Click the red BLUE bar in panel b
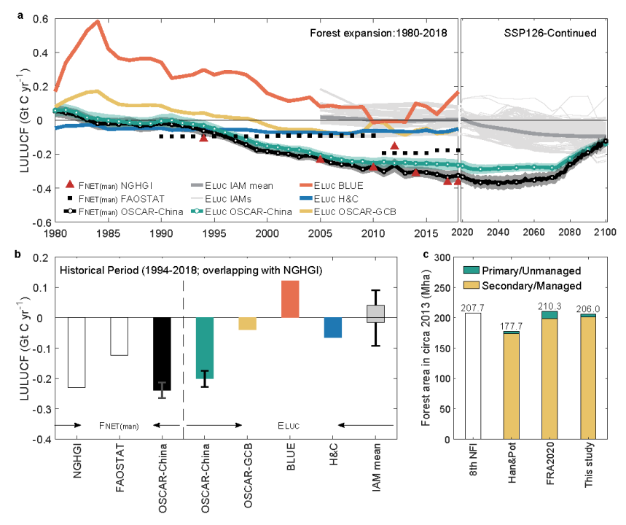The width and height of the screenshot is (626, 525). (290, 299)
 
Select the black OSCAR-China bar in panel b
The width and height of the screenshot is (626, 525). (162, 354)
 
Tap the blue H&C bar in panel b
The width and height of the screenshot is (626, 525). (333, 327)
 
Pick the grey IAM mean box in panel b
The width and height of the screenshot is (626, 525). (376, 314)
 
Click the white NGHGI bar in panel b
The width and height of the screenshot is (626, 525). (77, 352)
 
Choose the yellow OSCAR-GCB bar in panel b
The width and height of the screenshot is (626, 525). (248, 324)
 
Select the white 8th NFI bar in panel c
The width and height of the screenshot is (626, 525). (473, 376)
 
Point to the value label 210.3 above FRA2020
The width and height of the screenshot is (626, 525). (549, 306)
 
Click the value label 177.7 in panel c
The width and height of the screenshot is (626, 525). (512, 326)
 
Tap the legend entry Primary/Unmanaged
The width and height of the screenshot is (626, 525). (523, 271)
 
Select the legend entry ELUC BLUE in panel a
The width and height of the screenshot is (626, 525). (332, 185)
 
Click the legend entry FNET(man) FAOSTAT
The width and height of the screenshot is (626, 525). (115, 198)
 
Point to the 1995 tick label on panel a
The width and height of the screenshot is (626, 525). (214, 233)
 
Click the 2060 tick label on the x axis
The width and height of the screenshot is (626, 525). (533, 232)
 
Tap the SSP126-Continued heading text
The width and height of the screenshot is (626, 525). (550, 33)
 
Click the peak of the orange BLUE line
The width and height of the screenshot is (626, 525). (98, 21)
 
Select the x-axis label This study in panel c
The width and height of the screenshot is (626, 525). (589, 464)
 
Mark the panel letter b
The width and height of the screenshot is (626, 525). (17, 254)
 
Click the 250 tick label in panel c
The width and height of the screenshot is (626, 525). (442, 288)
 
